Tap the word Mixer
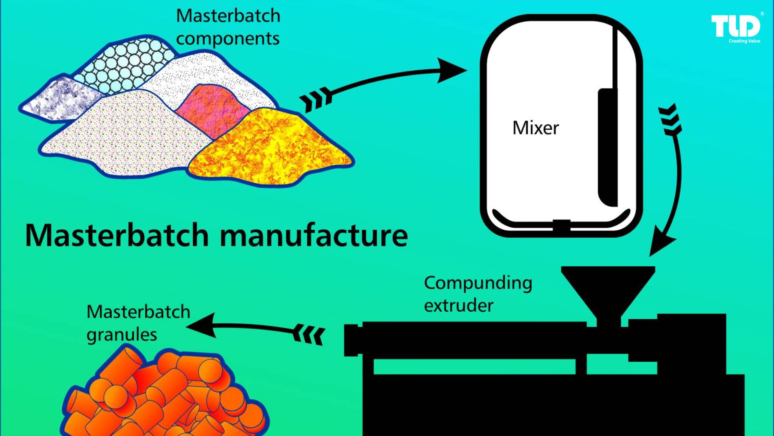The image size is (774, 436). pos(535,128)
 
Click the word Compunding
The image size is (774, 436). pos(478,283)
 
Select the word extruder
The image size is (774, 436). pos(458,306)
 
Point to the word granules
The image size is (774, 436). pos(121,335)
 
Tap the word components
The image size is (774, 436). pos(227,39)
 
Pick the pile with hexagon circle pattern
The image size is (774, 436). pos(125,65)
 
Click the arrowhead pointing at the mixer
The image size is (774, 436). pos(451,71)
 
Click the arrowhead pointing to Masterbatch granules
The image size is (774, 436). pos(202,325)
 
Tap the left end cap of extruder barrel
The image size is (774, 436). pos(352,340)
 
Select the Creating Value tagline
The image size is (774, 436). pos(744,41)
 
